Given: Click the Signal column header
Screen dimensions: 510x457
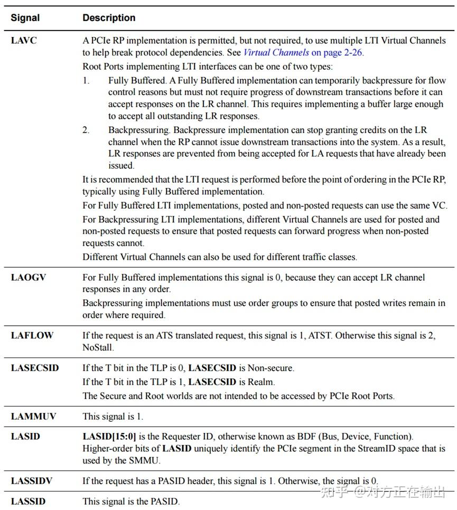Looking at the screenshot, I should (25, 18).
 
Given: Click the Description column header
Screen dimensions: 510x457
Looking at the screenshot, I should (109, 18).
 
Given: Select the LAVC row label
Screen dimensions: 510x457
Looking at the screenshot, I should (24, 40).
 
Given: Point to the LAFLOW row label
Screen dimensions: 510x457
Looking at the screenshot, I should (32, 335).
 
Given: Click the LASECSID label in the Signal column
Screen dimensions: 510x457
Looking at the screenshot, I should (35, 368).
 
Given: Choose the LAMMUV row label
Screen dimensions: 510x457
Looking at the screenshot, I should (33, 417).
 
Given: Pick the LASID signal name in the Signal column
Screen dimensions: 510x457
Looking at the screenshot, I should (25, 437).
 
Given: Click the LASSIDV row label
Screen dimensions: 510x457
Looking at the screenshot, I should (32, 481).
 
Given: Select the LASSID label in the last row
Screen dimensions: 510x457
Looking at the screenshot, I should (29, 502).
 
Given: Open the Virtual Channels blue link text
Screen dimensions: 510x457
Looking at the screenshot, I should (276, 53).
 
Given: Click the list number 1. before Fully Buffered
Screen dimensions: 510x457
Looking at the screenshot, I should (86, 80).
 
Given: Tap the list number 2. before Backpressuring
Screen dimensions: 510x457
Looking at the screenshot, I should (86, 130).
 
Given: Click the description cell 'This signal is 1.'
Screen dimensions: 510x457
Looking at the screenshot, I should (113, 417).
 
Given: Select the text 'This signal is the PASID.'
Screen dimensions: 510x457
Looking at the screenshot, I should (131, 502).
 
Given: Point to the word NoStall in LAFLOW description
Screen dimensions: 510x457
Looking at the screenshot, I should (97, 348).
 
